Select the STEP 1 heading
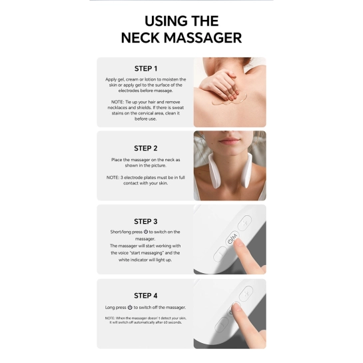coord(146,69)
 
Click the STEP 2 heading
coord(146,148)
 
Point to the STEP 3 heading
coord(146,222)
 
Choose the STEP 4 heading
coord(146,296)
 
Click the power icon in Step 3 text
coord(146,232)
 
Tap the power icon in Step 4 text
coord(130,308)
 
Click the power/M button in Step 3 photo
coord(232,239)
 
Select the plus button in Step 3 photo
coord(244,223)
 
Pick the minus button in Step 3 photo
coord(220,254)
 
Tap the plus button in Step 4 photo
coord(246,294)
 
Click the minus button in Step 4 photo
coord(222,324)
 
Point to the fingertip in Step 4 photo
coord(236,308)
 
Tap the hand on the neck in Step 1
coord(220,87)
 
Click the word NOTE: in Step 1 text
coord(118,102)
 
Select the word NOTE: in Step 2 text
coord(113,178)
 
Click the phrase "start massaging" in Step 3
coord(147,253)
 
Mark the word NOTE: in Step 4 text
coord(110,318)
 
